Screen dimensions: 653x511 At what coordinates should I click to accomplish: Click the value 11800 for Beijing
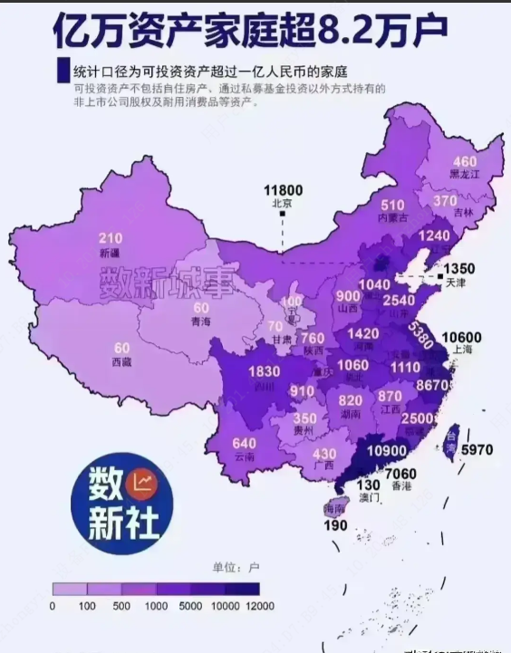click(x=283, y=190)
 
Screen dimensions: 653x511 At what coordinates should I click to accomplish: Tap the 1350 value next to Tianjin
click(x=458, y=269)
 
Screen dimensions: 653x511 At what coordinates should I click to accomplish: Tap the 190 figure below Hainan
click(x=337, y=526)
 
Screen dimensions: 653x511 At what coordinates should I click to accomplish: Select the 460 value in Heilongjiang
click(x=465, y=161)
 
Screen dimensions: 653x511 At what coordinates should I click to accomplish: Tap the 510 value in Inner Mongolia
click(x=392, y=206)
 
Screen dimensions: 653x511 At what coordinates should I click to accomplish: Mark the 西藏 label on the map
click(x=121, y=361)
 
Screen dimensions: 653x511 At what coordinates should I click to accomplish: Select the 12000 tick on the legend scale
click(x=259, y=604)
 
